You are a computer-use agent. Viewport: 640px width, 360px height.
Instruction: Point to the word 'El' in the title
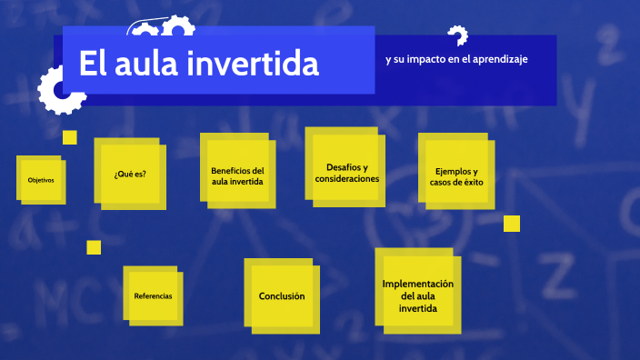point(93,65)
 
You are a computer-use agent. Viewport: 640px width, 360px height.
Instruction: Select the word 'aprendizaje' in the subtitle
point(496,59)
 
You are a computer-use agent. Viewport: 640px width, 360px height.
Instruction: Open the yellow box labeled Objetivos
point(41,180)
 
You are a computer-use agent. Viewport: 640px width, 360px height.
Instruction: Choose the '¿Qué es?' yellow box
point(130,174)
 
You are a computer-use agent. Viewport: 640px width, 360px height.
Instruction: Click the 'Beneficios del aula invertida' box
point(237,175)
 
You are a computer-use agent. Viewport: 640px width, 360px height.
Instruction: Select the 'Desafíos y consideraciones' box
point(346,173)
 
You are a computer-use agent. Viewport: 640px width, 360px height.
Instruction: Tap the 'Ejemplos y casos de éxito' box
point(456,175)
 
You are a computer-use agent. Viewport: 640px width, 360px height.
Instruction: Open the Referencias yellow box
point(153,296)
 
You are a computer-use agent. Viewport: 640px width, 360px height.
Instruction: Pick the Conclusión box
point(282,296)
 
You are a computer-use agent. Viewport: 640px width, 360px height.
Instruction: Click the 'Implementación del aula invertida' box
point(417,296)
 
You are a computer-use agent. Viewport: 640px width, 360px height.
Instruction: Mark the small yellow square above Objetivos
point(69,137)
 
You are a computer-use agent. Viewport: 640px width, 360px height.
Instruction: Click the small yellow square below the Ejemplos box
point(512,224)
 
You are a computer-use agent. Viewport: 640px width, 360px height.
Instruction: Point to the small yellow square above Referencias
point(94,247)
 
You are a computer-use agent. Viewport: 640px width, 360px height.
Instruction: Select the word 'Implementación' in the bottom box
point(417,284)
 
